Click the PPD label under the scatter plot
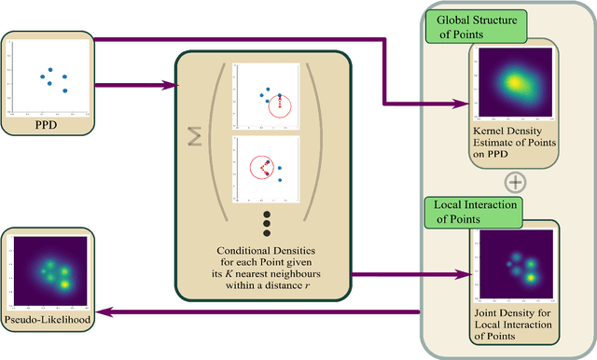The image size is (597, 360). (46, 121)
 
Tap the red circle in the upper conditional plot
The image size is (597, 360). (280, 105)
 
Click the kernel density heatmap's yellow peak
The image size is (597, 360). (512, 82)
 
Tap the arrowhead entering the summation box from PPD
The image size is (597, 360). (174, 86)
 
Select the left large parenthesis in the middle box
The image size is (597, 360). (218, 140)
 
